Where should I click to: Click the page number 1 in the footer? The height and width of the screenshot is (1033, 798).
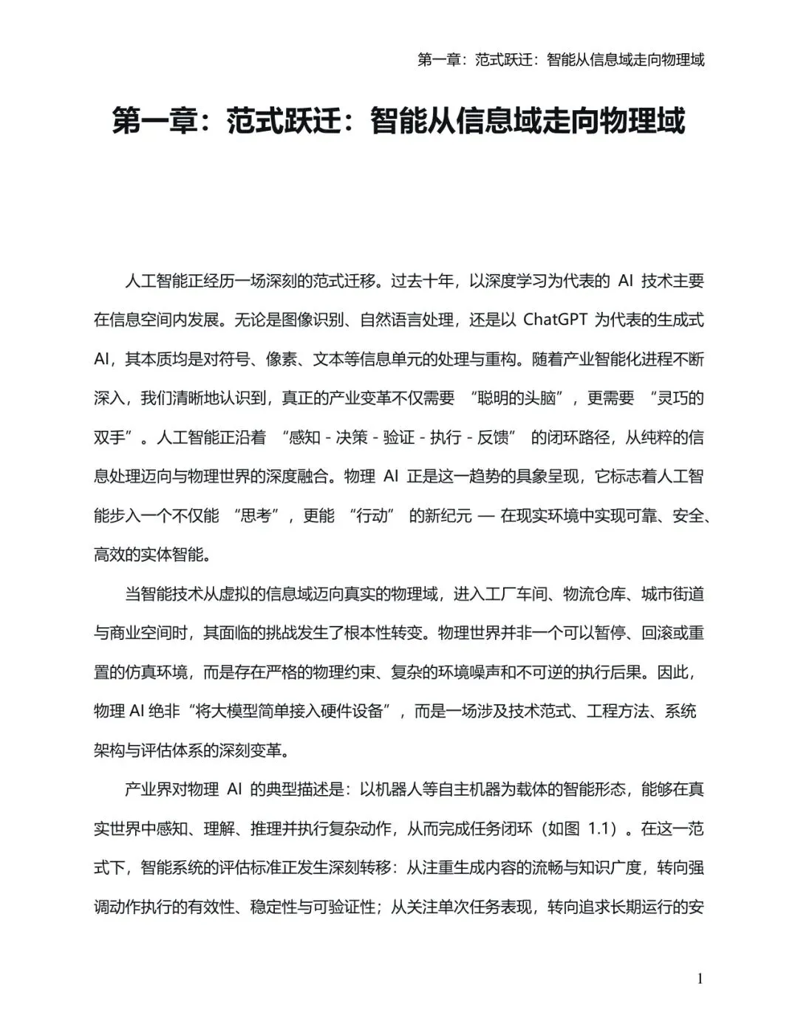coord(700,979)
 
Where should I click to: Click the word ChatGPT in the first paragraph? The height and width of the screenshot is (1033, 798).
coord(555,320)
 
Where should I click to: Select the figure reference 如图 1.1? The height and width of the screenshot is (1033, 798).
coord(581,828)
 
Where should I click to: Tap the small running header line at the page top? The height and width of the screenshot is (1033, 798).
coord(561,60)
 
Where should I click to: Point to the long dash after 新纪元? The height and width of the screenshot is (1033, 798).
coord(485,516)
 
